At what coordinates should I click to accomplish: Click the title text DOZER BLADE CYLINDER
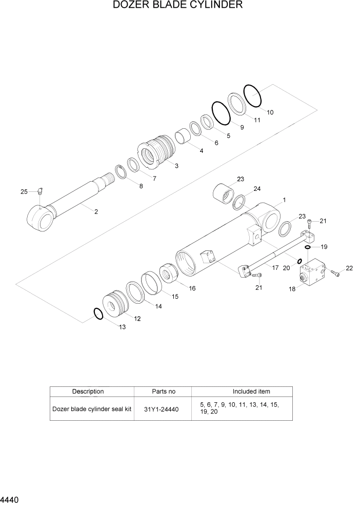(177, 6)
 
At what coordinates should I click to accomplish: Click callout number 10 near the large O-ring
(270, 112)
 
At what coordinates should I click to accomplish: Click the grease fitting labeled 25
(41, 192)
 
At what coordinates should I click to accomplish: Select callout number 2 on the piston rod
(95, 211)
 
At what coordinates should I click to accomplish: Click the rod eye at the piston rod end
(41, 218)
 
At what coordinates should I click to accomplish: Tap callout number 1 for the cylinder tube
(284, 200)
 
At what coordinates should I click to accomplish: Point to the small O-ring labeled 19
(307, 247)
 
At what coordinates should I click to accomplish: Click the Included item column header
(251, 391)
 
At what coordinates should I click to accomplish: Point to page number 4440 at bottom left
(10, 499)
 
